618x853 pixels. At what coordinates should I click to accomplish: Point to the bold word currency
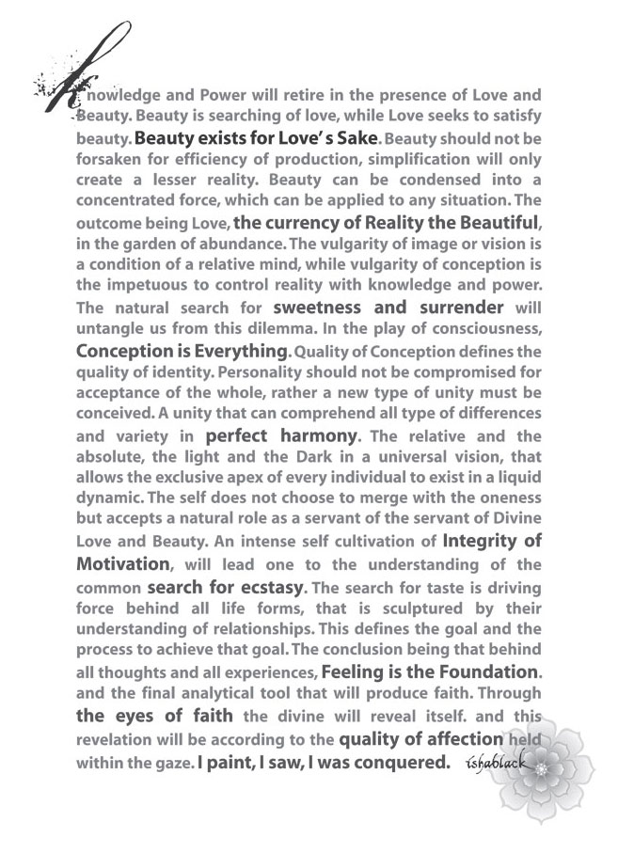(311, 223)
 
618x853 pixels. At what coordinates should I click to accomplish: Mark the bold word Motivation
(122, 564)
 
